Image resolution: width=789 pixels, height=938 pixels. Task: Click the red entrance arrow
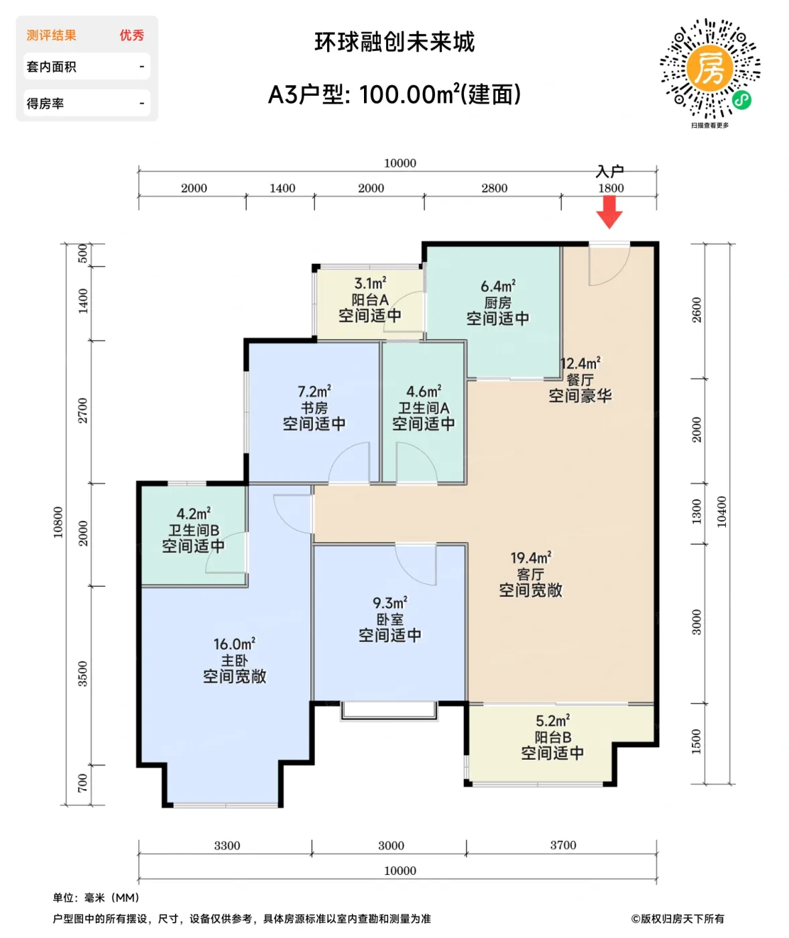coord(609,212)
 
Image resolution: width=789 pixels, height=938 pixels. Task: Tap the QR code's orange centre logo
coord(709,68)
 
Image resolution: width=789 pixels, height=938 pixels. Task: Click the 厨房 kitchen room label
coord(497,303)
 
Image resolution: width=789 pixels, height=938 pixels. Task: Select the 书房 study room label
coord(314,408)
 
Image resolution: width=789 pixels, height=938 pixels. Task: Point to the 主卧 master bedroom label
coord(234,661)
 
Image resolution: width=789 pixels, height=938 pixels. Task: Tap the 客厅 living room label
coord(530,574)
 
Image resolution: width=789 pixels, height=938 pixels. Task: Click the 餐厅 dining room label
coord(580,380)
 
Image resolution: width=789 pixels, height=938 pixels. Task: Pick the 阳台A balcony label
coord(369,299)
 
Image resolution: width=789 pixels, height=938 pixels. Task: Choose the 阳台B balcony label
coord(552,737)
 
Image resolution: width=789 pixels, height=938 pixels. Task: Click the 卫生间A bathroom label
coord(424,408)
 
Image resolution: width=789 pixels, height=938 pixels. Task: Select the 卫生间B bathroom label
coord(193,530)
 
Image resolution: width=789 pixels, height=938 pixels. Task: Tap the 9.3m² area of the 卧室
coord(389,603)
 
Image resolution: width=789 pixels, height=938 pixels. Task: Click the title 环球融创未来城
coord(394,42)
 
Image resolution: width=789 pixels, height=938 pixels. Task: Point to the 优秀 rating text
coord(131,36)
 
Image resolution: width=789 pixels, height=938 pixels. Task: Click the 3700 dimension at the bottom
coord(562,846)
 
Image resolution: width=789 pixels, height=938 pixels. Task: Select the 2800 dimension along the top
coord(494,188)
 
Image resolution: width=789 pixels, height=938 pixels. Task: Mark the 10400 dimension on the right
coord(721,512)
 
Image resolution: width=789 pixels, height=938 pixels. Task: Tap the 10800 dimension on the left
coord(58,522)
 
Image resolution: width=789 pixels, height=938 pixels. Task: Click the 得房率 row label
coord(46,104)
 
